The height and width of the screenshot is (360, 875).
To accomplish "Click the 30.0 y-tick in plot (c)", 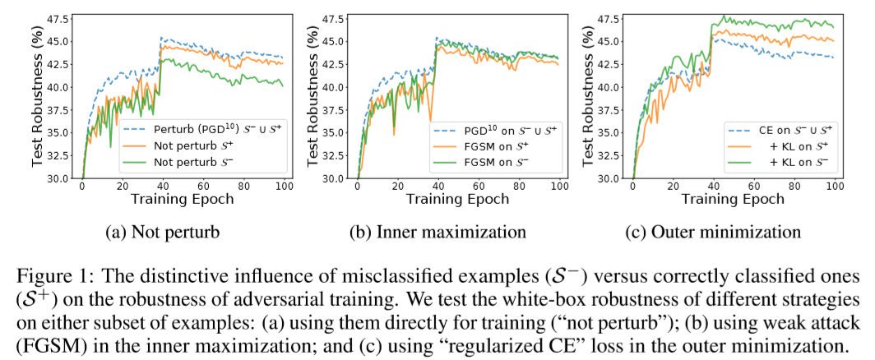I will [x=609, y=178].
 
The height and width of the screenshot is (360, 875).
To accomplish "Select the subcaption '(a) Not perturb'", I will [x=164, y=233].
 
